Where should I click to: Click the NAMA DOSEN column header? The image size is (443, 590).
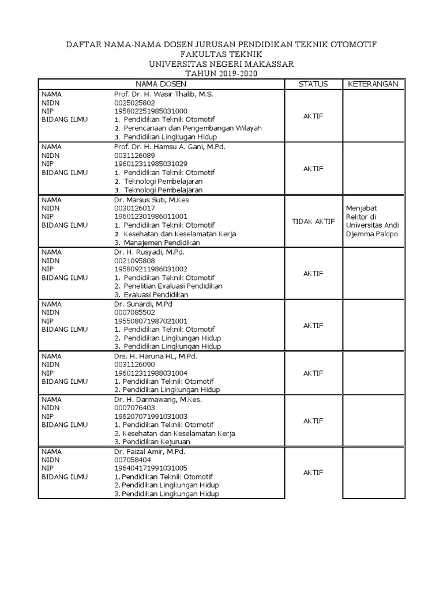pos(162,84)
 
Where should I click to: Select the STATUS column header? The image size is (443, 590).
pos(313,84)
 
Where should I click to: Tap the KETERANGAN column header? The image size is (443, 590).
pos(373,84)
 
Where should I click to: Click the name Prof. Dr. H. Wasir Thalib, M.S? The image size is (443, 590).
pos(164,94)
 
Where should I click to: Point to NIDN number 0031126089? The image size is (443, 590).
pos(135,155)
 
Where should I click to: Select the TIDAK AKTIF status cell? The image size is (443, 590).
pos(313,221)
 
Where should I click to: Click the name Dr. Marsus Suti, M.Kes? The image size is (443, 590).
pos(152,199)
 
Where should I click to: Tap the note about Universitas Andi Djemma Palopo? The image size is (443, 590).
pos(371,221)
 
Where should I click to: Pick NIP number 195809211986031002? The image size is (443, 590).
pos(151,268)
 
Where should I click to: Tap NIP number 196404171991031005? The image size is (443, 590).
pos(151,468)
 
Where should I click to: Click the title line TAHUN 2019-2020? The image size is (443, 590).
pos(221,73)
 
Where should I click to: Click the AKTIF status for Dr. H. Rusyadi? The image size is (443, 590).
pos(313,273)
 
